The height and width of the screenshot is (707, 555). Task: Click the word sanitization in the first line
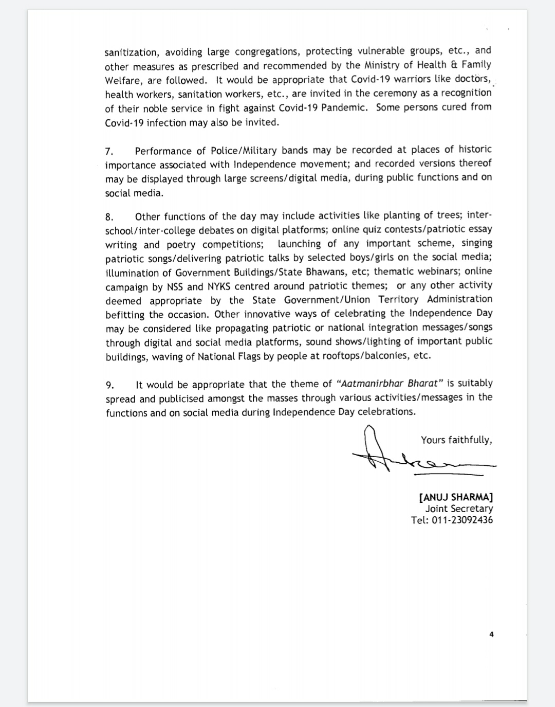point(131,52)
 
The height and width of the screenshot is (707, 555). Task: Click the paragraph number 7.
point(108,151)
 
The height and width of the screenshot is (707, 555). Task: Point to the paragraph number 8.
point(108,216)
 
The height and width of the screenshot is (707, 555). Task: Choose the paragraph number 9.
point(109,385)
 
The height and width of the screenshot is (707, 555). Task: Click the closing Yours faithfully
point(456,440)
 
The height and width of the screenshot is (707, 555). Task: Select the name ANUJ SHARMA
point(456,497)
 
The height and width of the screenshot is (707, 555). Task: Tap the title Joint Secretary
point(459,509)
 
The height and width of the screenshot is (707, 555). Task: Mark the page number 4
point(491,635)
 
